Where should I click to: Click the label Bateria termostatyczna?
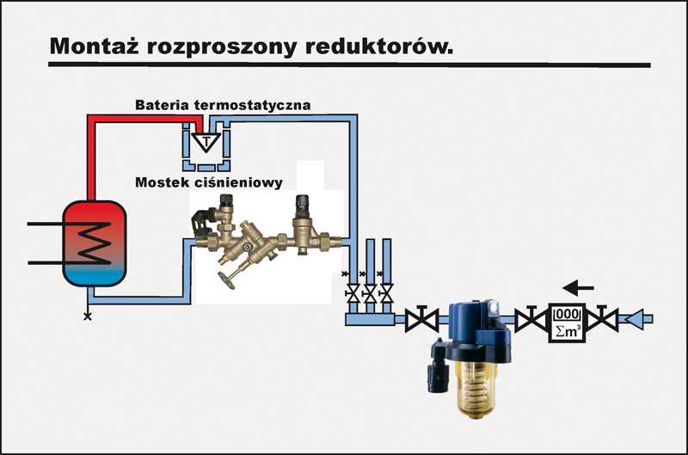click(x=223, y=105)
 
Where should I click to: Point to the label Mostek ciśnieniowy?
click(x=209, y=182)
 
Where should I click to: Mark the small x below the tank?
click(x=87, y=317)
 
